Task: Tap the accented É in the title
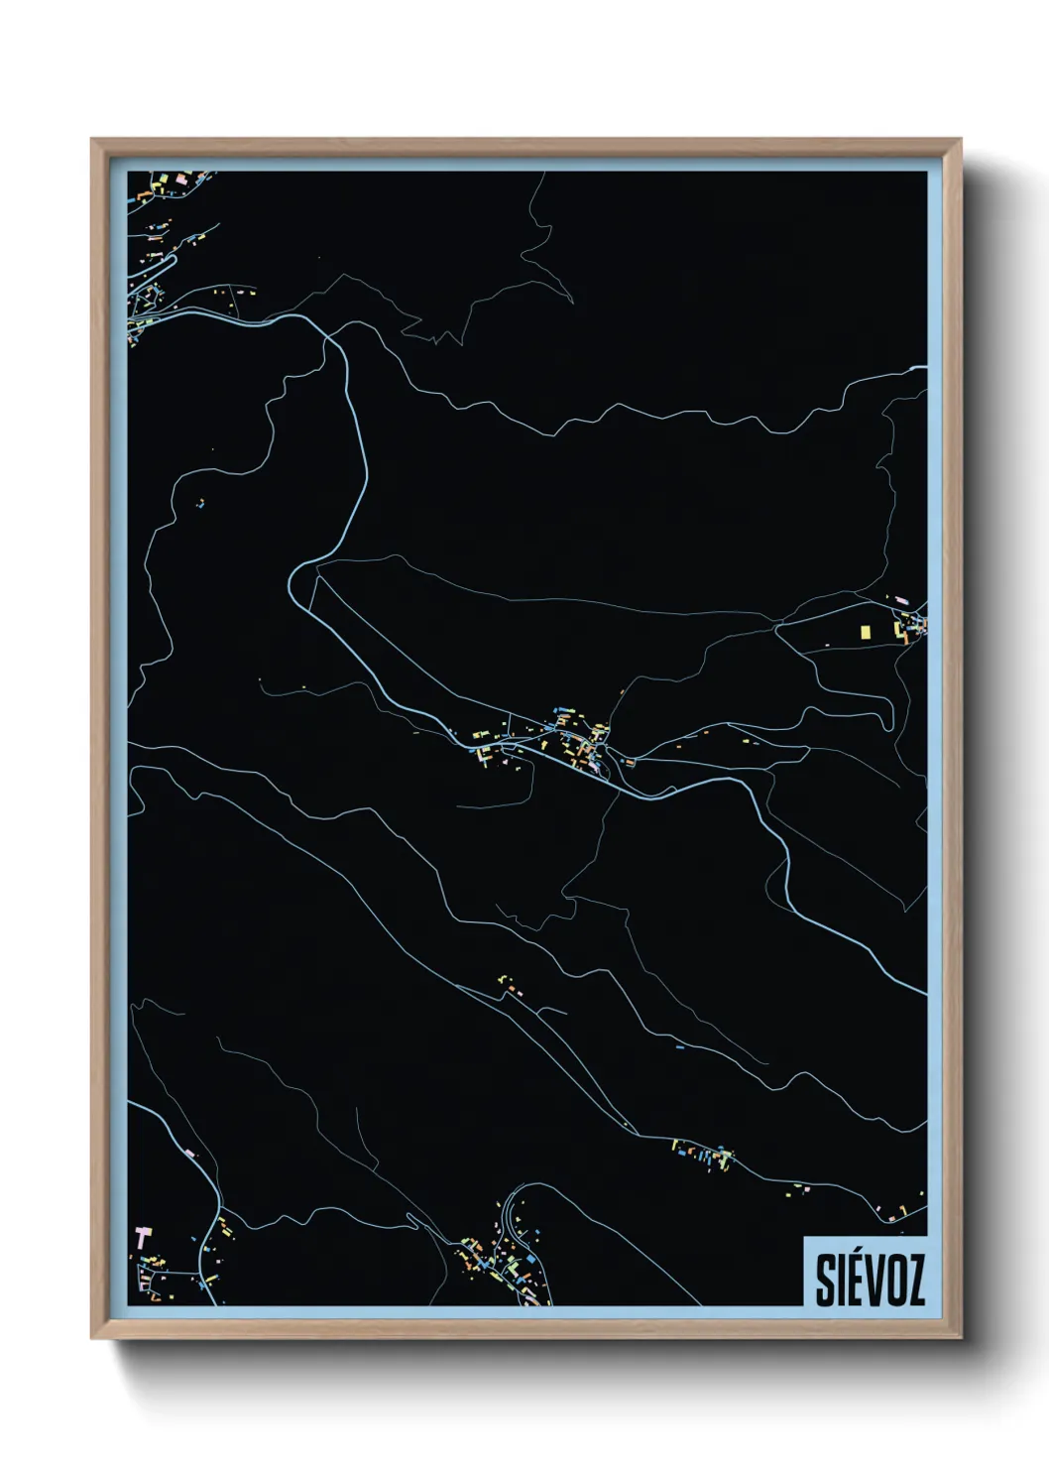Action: (x=856, y=1279)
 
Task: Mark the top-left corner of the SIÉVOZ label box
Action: (x=804, y=1236)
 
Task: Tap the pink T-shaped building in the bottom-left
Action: (x=143, y=1237)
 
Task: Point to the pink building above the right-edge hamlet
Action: (x=901, y=601)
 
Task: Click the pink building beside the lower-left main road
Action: (x=189, y=1153)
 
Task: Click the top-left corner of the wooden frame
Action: (x=91, y=139)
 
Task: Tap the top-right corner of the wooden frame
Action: (x=961, y=139)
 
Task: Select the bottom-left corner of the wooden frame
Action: (x=91, y=1338)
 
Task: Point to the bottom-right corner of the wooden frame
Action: (x=961, y=1338)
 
